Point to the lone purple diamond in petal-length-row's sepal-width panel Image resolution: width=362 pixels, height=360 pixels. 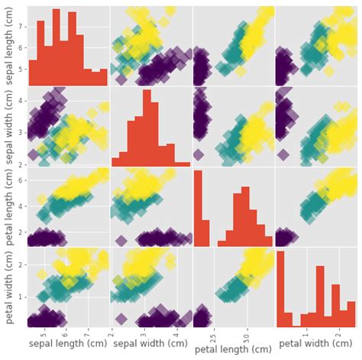121,240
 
